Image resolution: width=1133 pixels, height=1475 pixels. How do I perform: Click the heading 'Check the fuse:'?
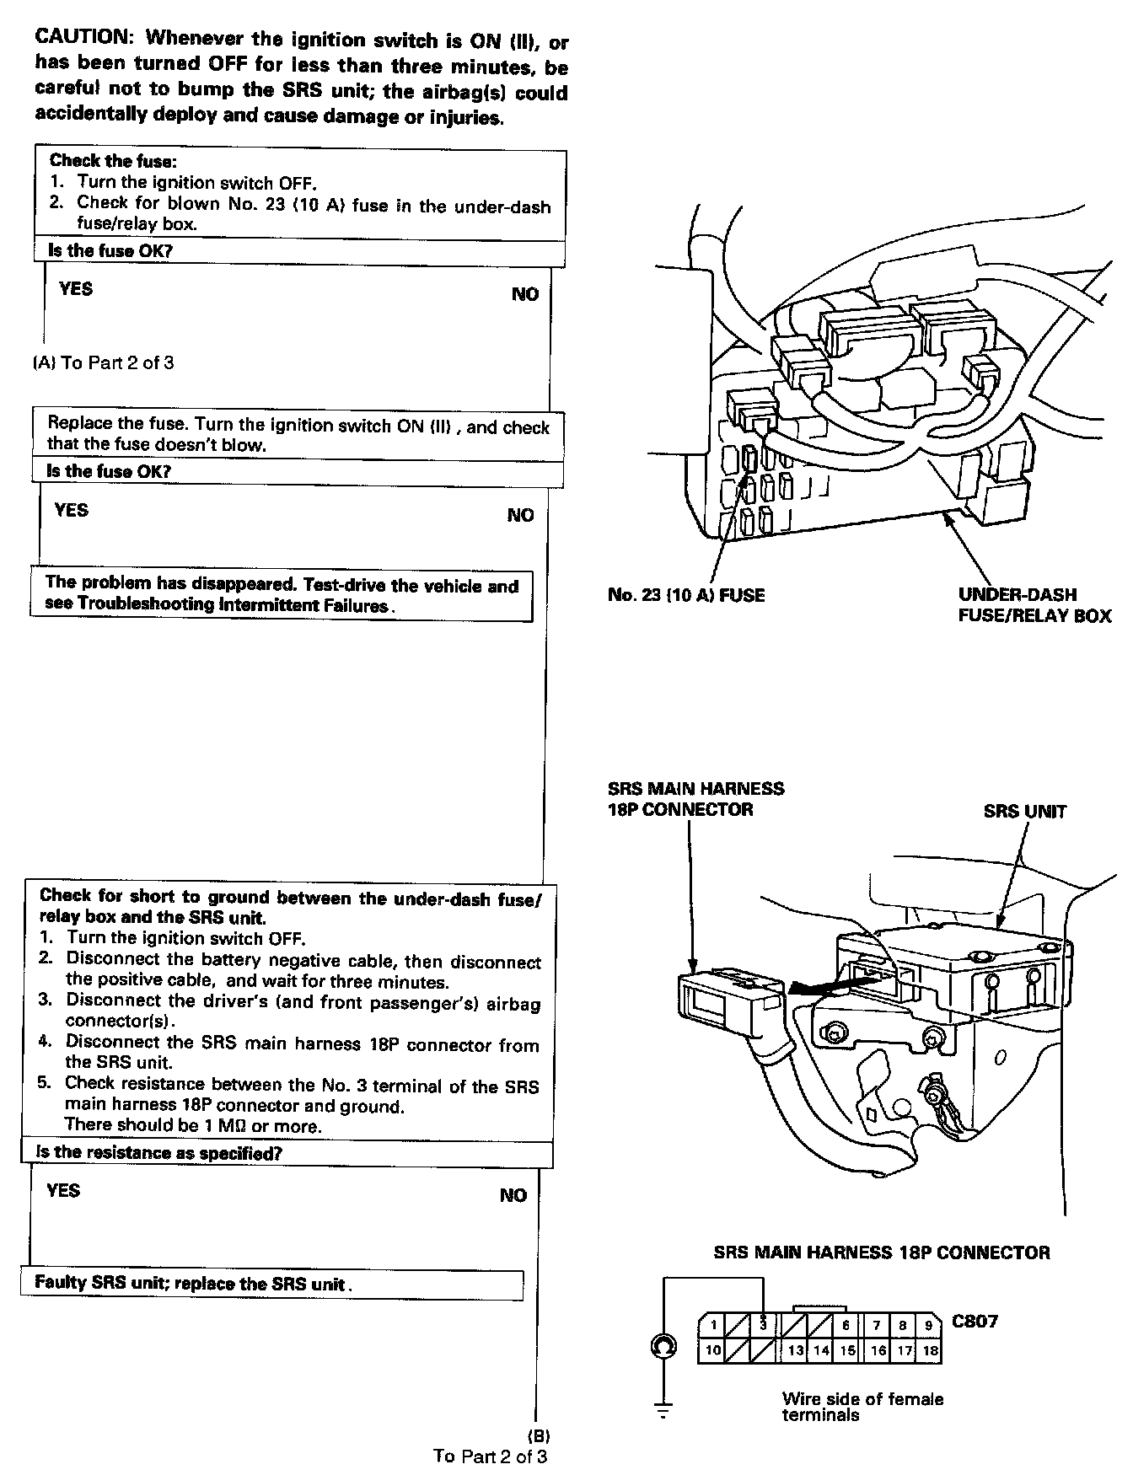(x=112, y=161)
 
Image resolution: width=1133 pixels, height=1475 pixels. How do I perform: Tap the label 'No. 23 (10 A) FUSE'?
(x=685, y=595)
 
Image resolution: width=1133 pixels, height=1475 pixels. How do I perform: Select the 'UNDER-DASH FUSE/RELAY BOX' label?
(x=1034, y=604)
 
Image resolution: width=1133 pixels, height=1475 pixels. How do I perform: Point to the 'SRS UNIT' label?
(x=1024, y=812)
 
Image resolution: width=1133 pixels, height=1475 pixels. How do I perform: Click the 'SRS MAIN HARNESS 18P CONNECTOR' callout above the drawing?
(x=695, y=799)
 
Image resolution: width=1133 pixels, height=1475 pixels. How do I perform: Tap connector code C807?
(x=975, y=1321)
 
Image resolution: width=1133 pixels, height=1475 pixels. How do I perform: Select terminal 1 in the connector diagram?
(x=713, y=1325)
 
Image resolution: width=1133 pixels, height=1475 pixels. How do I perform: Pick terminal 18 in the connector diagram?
(x=930, y=1350)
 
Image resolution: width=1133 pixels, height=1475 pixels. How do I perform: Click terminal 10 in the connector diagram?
(x=713, y=1350)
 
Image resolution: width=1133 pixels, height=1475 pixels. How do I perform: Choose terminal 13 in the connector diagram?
(x=795, y=1350)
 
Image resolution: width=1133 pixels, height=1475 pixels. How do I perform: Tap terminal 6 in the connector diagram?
(x=846, y=1325)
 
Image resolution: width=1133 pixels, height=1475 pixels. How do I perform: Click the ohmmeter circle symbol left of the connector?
(x=663, y=1348)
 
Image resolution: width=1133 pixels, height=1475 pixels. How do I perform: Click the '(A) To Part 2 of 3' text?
(x=104, y=363)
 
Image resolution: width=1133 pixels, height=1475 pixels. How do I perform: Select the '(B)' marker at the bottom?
(x=538, y=1435)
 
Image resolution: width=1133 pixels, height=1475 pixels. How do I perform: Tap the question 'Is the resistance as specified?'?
(x=158, y=1152)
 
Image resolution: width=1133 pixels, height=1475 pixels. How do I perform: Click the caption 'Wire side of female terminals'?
(x=862, y=1407)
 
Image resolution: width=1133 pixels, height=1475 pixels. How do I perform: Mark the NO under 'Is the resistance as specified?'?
(x=513, y=1195)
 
